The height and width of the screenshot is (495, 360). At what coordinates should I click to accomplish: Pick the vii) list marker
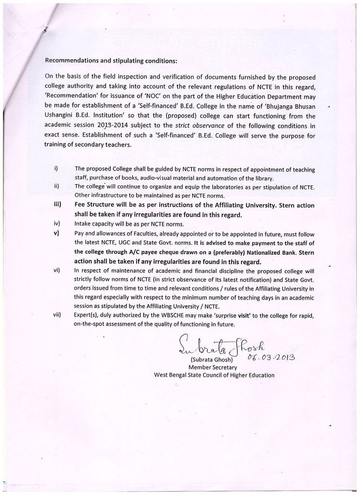[57, 316]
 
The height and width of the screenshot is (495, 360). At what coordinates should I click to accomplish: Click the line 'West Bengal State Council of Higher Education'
[214, 375]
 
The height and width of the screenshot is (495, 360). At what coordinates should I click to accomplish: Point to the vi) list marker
[57, 270]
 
